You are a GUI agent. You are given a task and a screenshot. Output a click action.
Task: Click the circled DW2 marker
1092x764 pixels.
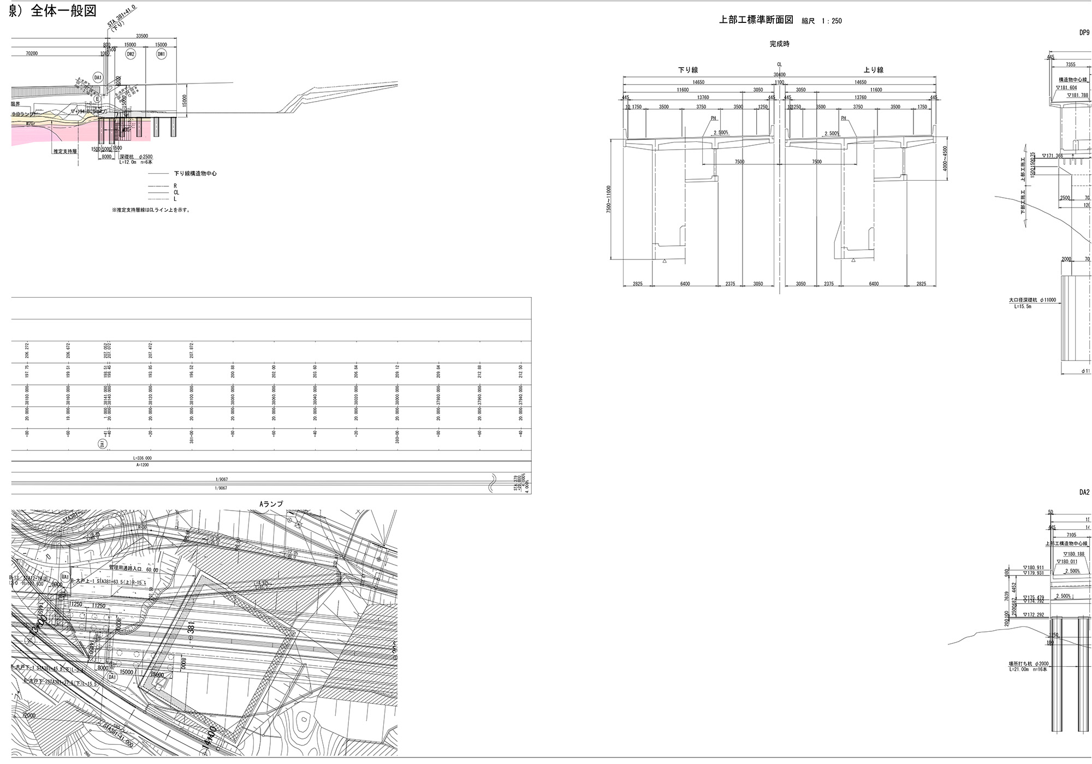[x=130, y=54]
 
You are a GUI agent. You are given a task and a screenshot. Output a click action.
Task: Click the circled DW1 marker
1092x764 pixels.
[x=162, y=54]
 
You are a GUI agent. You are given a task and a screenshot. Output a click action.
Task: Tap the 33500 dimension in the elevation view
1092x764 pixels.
[x=142, y=36]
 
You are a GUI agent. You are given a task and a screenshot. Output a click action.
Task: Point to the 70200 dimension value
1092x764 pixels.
[x=35, y=54]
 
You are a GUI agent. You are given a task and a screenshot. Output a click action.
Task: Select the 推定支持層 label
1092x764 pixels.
[x=65, y=151]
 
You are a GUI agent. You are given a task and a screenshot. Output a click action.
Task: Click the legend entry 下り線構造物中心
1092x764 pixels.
[x=195, y=174]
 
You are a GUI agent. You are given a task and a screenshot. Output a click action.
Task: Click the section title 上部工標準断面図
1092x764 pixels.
[x=756, y=20]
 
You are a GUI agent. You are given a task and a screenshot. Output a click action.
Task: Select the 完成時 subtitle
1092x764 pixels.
[x=779, y=44]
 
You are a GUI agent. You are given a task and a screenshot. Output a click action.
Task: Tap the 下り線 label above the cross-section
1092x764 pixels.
[x=688, y=70]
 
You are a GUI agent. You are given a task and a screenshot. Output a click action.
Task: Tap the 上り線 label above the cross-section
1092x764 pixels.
[x=874, y=70]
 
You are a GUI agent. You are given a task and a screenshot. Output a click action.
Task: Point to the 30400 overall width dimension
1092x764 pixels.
[x=779, y=75]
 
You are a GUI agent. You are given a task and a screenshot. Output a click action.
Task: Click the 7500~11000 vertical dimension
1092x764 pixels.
[x=609, y=199]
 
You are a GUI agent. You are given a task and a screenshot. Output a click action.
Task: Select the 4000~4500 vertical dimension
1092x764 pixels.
[x=945, y=158]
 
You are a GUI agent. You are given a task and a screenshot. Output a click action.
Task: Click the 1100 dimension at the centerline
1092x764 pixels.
[x=779, y=82]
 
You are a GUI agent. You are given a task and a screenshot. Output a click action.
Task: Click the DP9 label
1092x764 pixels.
[x=1084, y=32]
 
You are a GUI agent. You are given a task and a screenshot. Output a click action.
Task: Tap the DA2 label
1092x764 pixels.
[x=1084, y=492]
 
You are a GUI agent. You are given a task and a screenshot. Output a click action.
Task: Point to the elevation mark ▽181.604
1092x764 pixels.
[x=1066, y=87]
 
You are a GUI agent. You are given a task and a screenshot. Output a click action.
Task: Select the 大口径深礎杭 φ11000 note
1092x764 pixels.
[x=1032, y=300]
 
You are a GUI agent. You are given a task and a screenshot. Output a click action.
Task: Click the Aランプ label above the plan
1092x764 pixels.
[x=271, y=504]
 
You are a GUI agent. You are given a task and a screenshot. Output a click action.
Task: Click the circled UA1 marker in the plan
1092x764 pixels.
[x=66, y=577]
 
